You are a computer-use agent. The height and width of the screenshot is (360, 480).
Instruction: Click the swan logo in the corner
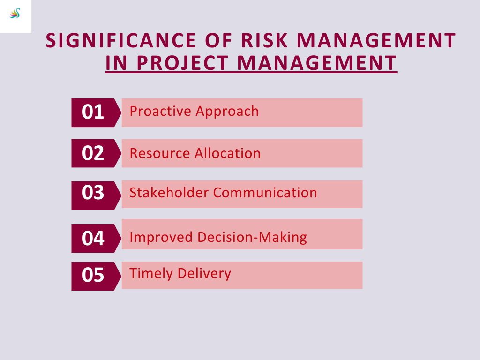coord(15,13)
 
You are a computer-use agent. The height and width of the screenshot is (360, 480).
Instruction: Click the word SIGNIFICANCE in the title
coord(121,40)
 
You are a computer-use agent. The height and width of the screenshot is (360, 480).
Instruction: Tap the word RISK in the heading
coord(264,40)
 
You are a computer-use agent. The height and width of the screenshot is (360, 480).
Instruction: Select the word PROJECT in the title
coord(182,63)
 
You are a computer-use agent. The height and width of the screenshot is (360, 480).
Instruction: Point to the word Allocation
coord(228,153)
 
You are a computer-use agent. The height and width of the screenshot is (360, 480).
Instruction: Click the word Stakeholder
coord(169,193)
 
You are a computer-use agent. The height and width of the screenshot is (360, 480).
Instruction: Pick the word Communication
coord(265,193)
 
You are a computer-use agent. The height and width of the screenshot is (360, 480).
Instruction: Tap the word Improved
coord(161,238)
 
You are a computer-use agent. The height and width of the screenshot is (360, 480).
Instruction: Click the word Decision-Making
coord(252,238)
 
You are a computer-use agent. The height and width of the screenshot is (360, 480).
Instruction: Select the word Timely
coord(151,274)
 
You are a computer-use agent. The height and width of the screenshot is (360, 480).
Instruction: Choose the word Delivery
coord(204,274)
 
